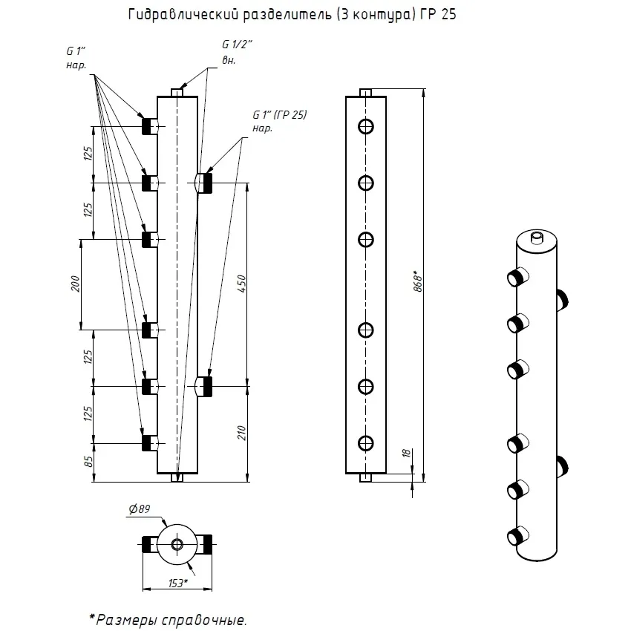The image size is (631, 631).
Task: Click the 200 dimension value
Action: [x=75, y=284]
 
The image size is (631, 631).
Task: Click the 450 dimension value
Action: [x=241, y=284]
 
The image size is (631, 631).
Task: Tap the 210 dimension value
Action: [x=241, y=433]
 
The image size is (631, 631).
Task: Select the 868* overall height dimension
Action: [x=418, y=281]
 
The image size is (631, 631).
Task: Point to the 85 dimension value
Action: [x=88, y=462]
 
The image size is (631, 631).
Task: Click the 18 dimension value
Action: [x=407, y=453]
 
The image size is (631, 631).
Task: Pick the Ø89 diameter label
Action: [x=140, y=509]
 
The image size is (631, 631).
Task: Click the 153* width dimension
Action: [x=178, y=583]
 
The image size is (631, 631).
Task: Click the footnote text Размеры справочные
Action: [x=171, y=620]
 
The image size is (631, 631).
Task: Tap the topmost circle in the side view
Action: [x=366, y=127]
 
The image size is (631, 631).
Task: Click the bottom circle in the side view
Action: [x=366, y=443]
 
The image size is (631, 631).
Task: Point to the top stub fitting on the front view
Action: [x=177, y=93]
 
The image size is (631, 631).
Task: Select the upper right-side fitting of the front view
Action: [x=204, y=183]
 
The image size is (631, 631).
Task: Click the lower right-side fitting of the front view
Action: [x=204, y=387]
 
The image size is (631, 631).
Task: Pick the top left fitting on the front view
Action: [x=150, y=126]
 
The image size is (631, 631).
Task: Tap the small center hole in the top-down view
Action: [x=177, y=544]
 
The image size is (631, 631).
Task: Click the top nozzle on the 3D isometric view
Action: [x=537, y=237]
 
